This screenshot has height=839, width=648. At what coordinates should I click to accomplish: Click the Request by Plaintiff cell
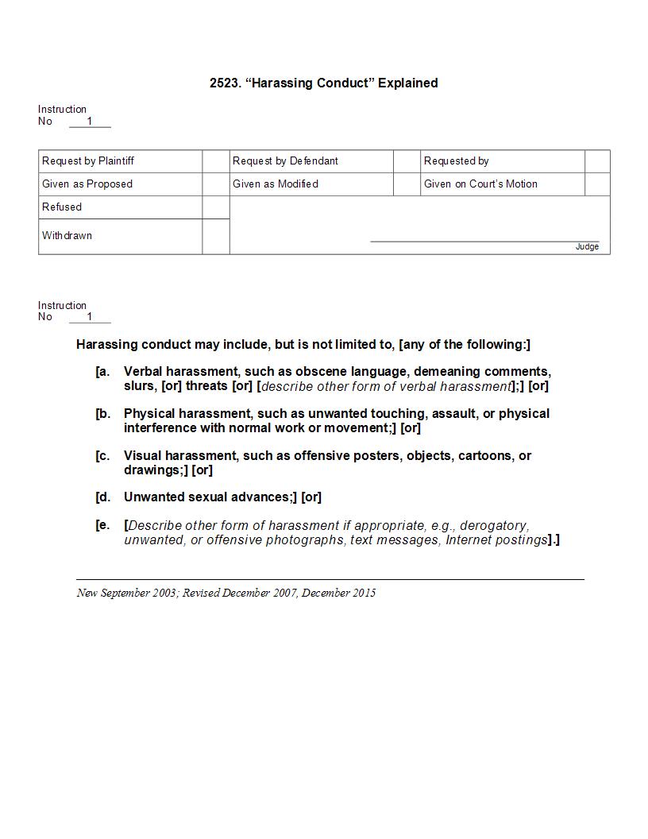(88, 160)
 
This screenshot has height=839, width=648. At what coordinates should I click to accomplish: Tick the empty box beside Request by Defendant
(407, 160)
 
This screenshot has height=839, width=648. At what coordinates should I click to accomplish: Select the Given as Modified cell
(276, 184)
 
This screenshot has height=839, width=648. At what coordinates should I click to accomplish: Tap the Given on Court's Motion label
(480, 184)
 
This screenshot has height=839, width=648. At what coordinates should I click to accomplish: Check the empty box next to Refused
(215, 207)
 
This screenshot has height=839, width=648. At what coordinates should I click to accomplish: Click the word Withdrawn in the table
(67, 235)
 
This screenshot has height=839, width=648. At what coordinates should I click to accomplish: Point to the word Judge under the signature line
(587, 247)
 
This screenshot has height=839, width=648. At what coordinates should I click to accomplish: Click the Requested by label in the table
(456, 160)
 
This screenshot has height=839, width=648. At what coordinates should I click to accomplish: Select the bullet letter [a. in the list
(102, 371)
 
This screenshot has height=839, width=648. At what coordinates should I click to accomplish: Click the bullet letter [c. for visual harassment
(102, 455)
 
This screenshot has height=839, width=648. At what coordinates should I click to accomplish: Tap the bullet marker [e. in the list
(102, 525)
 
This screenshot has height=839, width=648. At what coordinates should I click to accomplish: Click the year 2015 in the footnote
(364, 593)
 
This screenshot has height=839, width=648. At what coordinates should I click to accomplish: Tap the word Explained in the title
(407, 83)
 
